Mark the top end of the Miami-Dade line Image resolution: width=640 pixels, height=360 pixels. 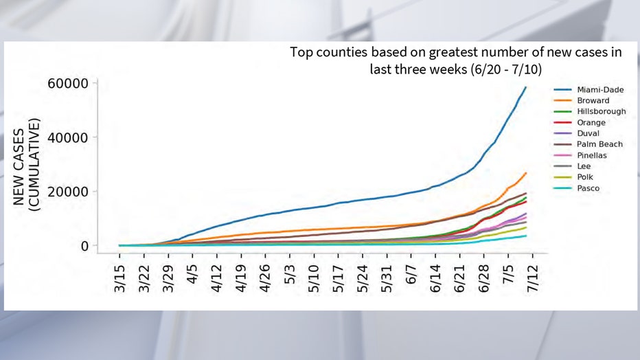(525, 87)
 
